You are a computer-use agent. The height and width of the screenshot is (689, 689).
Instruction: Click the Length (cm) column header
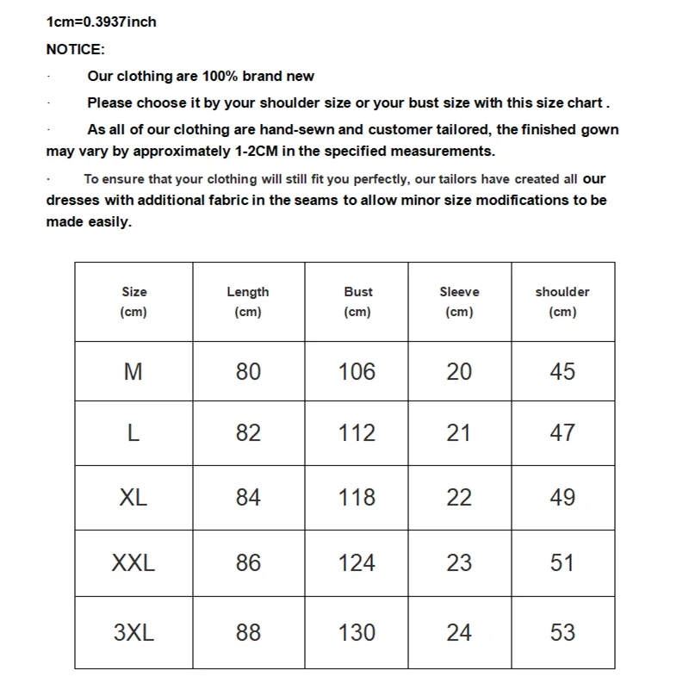point(248,301)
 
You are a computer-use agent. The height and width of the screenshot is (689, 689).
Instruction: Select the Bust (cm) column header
point(357,301)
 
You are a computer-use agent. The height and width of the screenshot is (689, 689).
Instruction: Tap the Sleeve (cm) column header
point(459,301)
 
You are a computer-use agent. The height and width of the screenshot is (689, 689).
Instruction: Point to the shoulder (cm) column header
point(562,301)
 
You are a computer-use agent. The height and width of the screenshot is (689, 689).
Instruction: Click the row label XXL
point(133,563)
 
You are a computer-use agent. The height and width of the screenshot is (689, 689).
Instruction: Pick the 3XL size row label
point(133,633)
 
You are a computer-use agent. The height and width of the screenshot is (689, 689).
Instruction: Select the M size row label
point(133,372)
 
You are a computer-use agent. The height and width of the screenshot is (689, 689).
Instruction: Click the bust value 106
point(357,372)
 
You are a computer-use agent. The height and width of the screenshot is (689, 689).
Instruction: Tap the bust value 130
point(357,633)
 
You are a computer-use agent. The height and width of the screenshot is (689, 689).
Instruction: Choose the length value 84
point(248,498)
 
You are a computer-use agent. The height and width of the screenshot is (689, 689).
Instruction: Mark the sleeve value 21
point(459,433)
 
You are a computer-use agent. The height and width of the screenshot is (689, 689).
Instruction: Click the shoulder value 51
point(562,563)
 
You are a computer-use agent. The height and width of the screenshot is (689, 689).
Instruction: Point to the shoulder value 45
point(562,372)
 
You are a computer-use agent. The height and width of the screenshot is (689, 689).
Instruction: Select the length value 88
point(248,633)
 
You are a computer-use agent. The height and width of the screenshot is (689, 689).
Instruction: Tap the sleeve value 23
point(459,563)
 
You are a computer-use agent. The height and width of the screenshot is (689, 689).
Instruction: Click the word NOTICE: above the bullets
point(75,50)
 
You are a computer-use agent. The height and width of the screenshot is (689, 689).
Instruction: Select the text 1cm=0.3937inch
point(102,22)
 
